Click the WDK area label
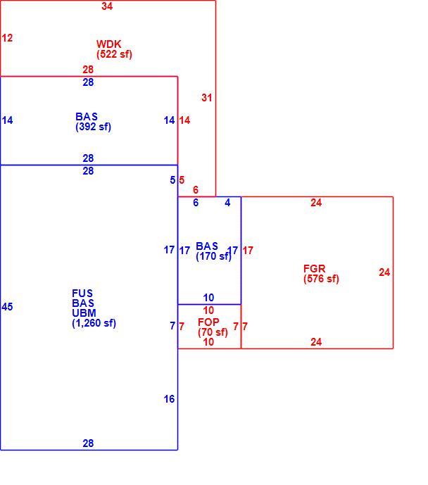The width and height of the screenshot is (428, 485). [108, 44]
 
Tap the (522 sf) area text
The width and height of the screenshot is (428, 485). [114, 54]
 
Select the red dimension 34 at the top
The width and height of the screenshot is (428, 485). [107, 6]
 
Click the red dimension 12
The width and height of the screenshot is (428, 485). [7, 38]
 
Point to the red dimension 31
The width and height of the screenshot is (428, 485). [206, 97]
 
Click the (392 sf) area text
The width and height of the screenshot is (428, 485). [93, 127]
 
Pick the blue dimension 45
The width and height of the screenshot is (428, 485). [7, 306]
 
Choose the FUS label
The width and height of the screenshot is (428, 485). [82, 293]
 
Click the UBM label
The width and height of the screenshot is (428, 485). [84, 313]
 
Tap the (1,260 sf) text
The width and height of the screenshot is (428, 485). [94, 323]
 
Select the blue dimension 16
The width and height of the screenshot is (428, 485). [169, 399]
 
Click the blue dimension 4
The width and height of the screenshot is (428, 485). [227, 202]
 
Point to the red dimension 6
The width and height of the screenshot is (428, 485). [196, 189]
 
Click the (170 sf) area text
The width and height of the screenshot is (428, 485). [214, 256]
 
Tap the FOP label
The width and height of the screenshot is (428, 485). [208, 322]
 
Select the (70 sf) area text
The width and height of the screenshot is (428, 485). [213, 332]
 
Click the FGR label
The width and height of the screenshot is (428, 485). [314, 268]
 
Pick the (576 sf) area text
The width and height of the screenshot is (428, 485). [321, 279]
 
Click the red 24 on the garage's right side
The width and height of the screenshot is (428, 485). [384, 272]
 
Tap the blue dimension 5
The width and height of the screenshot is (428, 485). [172, 179]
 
